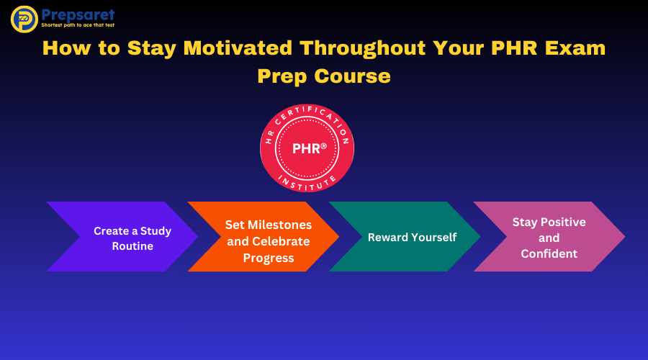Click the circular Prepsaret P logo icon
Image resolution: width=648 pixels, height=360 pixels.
coord(24,19)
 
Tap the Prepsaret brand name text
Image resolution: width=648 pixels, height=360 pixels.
coord(78,15)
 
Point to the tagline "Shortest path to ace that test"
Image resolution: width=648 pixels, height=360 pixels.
coord(78,25)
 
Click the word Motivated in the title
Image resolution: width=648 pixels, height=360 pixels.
coord(238,48)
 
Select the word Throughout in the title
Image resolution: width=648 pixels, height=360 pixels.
coord(363,49)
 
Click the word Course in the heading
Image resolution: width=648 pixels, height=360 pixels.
coord(352,76)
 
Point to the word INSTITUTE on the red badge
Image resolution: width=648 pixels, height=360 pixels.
coord(307,184)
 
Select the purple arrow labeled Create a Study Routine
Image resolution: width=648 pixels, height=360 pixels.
coord(122,236)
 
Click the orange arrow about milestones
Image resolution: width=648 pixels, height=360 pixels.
coord(264,236)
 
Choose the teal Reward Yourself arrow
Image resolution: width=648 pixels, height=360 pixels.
coord(405,236)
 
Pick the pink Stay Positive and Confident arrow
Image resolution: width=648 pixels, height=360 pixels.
coord(549,236)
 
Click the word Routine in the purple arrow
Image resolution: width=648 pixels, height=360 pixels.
coord(132,246)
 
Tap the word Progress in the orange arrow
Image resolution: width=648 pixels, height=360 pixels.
coord(269,258)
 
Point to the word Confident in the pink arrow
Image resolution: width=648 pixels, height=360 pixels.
coord(549,253)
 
